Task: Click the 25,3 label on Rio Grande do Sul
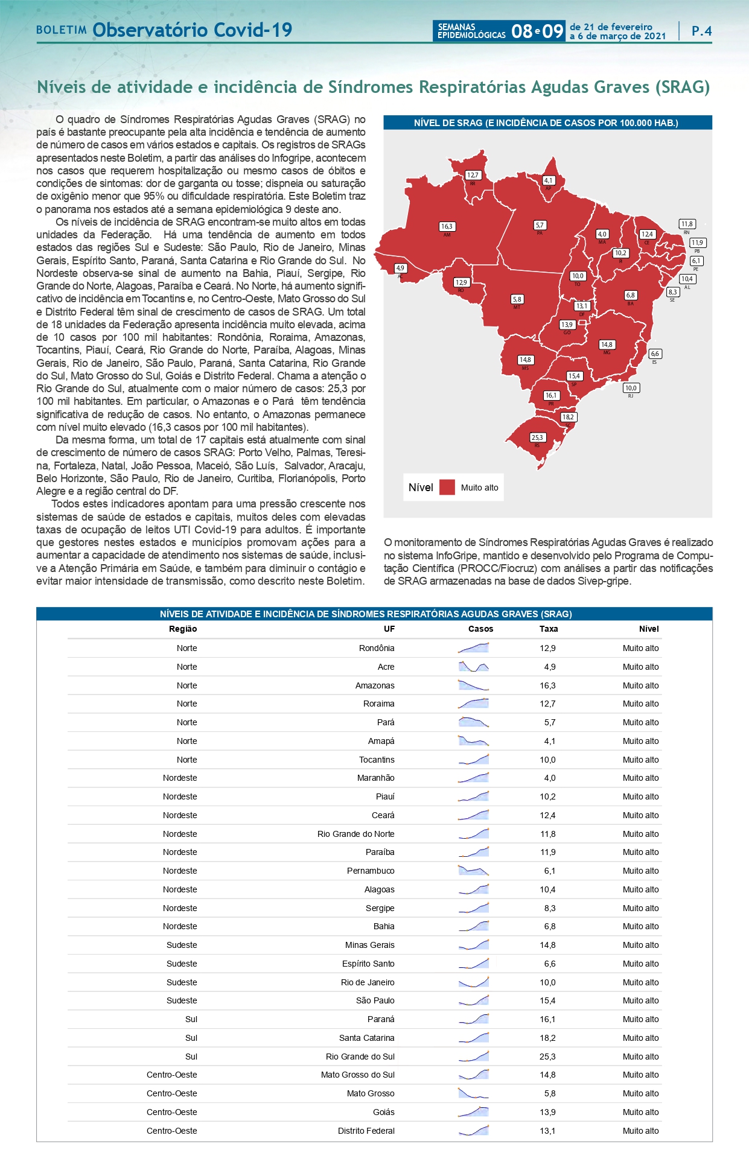(x=537, y=437)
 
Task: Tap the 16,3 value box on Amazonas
(x=447, y=226)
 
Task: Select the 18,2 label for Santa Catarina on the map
(x=568, y=417)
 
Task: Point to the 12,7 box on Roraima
(x=473, y=175)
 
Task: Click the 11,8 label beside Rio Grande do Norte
(x=687, y=224)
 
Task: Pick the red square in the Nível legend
(x=447, y=488)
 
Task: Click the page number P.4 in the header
(x=701, y=31)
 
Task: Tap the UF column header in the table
(x=389, y=629)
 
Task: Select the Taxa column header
(x=548, y=629)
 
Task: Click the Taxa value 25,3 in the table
(x=547, y=1057)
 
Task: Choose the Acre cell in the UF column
(x=386, y=667)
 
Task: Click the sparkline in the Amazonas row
(x=473, y=685)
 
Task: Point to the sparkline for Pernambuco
(x=473, y=871)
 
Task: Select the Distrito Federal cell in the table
(x=366, y=1131)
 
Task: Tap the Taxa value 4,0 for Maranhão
(x=549, y=778)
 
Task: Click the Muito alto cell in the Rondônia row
(x=640, y=648)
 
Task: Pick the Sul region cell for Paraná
(x=191, y=1019)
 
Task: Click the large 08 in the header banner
(x=521, y=31)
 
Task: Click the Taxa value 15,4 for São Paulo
(x=547, y=1000)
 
